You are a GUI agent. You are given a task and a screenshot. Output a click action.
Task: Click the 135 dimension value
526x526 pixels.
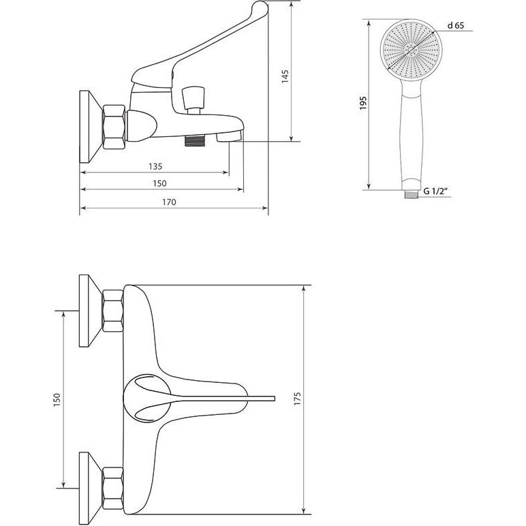(x=155, y=166)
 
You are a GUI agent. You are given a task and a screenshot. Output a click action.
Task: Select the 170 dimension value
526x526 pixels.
(x=169, y=202)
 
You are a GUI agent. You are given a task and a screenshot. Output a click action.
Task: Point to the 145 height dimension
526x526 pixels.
(x=285, y=76)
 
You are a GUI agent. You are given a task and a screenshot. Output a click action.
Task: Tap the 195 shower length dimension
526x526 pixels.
(x=363, y=104)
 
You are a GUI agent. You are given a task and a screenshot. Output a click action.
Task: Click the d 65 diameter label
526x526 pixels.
(x=456, y=25)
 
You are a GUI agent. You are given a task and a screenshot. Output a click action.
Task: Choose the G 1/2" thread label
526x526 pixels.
(x=436, y=191)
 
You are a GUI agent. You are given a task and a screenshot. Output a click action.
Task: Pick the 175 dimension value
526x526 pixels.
(x=297, y=399)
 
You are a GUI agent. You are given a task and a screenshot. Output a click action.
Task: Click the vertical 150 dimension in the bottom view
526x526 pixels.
(x=57, y=400)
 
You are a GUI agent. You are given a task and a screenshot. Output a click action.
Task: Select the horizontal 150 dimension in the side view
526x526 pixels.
(x=159, y=183)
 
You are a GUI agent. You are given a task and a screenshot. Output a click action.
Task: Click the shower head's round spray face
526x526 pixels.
(x=412, y=50)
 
